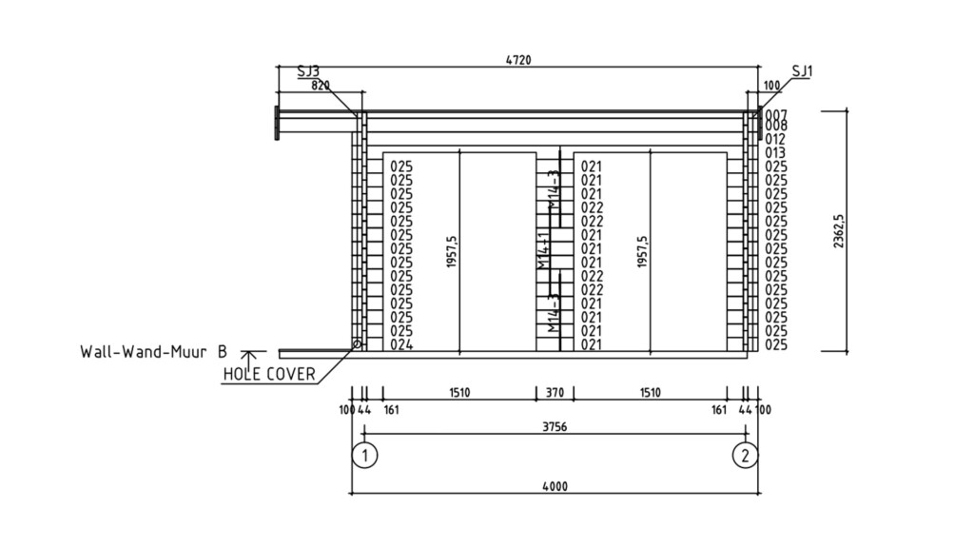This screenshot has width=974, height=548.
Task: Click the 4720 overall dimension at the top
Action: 517,60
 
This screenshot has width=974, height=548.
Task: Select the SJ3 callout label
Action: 308,70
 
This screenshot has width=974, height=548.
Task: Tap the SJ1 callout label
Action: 803,70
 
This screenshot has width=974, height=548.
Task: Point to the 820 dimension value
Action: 321,85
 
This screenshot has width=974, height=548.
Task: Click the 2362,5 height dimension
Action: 839,231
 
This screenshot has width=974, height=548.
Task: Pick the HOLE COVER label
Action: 269,374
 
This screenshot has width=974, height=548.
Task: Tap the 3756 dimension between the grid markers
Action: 555,427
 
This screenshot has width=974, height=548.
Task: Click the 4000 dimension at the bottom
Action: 555,486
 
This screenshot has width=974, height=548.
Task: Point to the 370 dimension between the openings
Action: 555,392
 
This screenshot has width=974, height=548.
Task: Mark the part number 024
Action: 400,345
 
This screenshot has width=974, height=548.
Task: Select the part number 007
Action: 775,114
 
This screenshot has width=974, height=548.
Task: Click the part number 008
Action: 775,126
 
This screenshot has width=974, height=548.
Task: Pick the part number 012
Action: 775,139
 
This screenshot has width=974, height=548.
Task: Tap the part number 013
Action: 775,152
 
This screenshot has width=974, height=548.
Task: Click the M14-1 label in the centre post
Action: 543,250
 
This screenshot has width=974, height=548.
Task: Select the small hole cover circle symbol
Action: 358,343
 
